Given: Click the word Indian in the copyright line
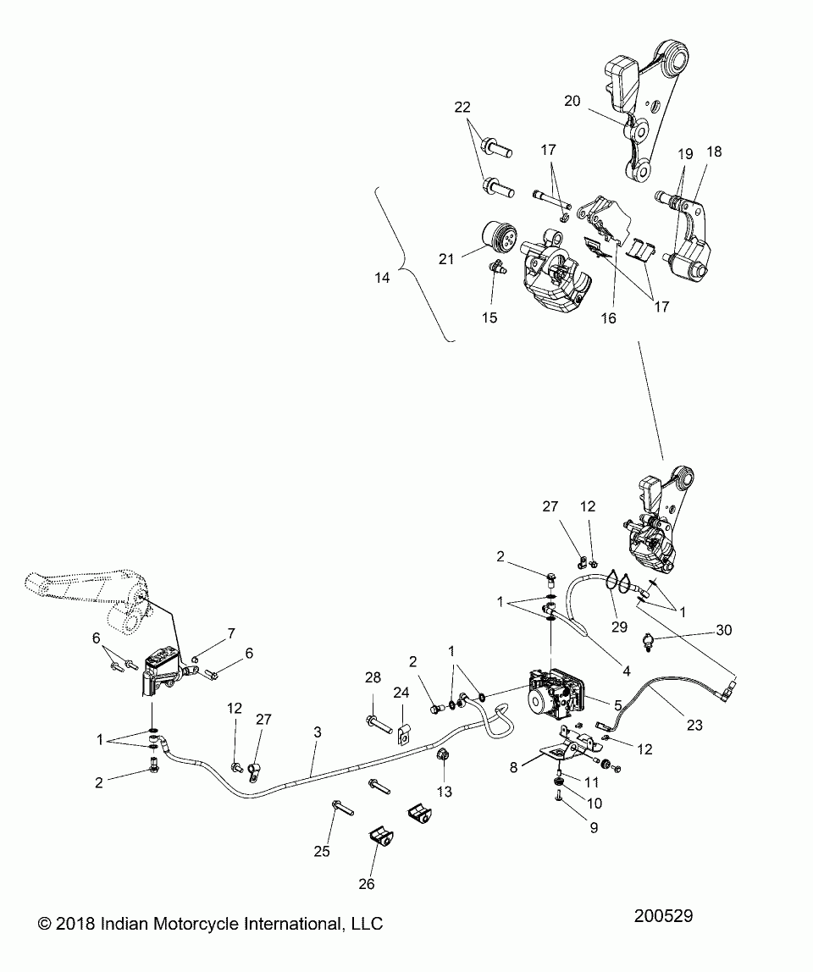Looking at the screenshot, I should pos(135,923).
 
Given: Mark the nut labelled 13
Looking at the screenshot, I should pos(441,754).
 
